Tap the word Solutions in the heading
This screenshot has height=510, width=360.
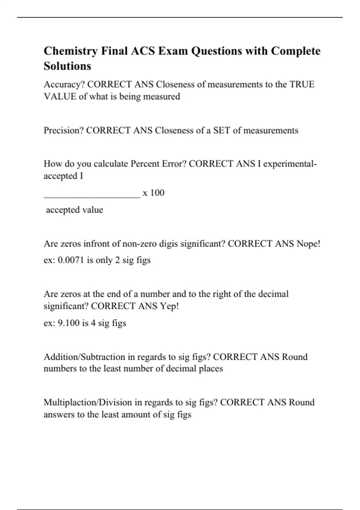click(67, 66)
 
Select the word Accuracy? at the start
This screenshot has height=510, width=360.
click(64, 85)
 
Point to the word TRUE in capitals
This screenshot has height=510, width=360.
click(302, 85)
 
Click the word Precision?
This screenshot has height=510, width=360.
click(64, 130)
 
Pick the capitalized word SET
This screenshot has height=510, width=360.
click(222, 130)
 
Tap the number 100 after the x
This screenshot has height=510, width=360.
click(157, 193)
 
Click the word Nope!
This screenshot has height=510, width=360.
click(308, 244)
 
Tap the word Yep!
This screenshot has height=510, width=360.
click(169, 306)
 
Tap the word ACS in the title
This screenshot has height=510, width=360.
click(143, 51)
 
